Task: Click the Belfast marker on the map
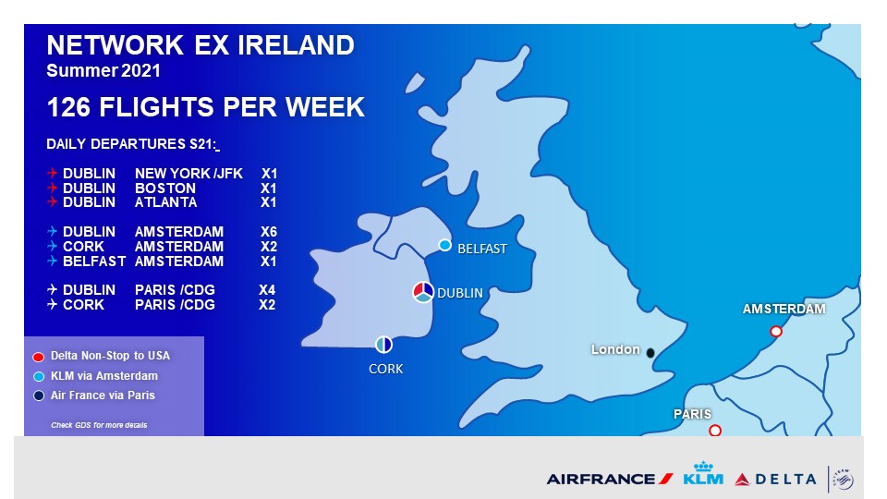coord(445,245)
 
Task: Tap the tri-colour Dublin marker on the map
coord(423,292)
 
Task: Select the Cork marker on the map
coord(383,344)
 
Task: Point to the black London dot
coord(650,353)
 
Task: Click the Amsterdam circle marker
coord(776,332)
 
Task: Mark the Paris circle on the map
coord(715,431)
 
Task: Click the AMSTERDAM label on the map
coord(784,309)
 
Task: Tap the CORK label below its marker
coord(386,369)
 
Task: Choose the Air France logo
coord(610,480)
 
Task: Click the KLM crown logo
coord(703,473)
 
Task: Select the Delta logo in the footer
coord(775,480)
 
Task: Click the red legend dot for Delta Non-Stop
coord(39,357)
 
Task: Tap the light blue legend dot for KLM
coord(39,376)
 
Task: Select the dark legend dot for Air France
coord(39,396)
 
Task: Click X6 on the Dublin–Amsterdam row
coord(269,232)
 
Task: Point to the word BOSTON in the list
coord(165,189)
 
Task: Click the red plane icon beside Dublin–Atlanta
coord(52,202)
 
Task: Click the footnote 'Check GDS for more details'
coord(99,425)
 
